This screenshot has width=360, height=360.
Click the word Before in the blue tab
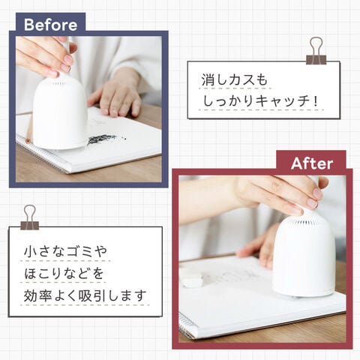[x=50, y=25]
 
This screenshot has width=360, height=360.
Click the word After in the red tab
[x=312, y=163]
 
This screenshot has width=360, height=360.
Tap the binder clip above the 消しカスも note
[x=316, y=51]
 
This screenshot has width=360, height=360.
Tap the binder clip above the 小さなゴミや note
[x=30, y=217]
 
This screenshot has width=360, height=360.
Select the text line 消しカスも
[x=234, y=79]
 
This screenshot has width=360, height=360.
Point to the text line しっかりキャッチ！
[x=260, y=101]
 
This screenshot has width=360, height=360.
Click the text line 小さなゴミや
[x=65, y=251]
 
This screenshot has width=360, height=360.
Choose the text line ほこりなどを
[x=64, y=273]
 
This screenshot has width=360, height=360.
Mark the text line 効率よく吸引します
[x=85, y=295]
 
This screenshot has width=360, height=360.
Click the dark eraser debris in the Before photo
[x=103, y=139]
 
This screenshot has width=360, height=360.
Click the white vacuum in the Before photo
[x=60, y=110]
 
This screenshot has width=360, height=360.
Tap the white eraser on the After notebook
[x=193, y=279]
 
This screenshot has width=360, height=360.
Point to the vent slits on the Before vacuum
[x=58, y=82]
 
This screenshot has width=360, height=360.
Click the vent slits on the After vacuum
[x=303, y=221]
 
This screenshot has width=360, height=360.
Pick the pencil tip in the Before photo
[x=28, y=141]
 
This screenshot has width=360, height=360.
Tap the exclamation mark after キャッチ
[x=316, y=101]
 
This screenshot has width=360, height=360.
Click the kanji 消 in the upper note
[x=207, y=79]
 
